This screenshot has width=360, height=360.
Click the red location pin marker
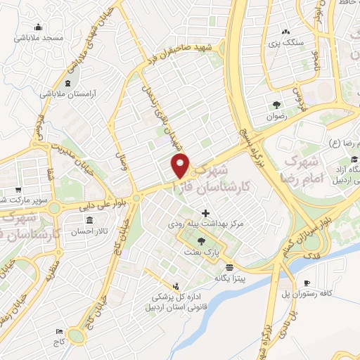tap(181, 165)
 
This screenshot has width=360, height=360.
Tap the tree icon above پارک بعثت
tap(202, 240)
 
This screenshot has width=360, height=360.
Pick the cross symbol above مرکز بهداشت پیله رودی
tap(205, 213)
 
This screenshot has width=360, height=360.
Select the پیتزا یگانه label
tap(229, 277)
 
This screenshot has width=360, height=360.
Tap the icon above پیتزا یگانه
tap(230, 267)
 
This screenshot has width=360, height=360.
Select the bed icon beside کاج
tap(59, 330)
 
